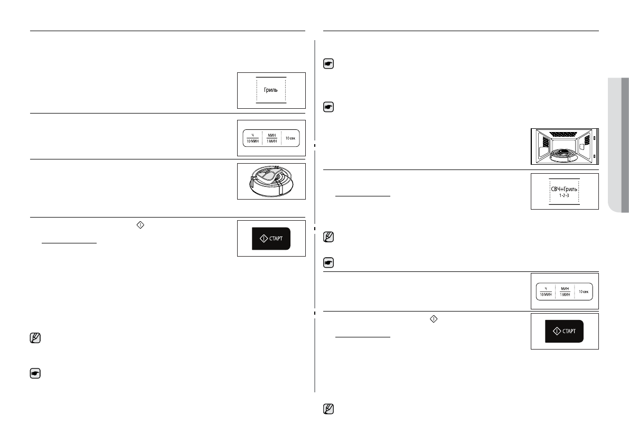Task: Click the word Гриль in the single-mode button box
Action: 270,90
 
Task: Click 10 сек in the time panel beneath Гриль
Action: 290,138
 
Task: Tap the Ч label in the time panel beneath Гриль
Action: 252,135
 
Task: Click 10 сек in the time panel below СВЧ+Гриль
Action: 583,291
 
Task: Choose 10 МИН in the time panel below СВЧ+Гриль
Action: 546,295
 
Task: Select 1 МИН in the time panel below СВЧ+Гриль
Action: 565,295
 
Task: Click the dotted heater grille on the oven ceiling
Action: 564,133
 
